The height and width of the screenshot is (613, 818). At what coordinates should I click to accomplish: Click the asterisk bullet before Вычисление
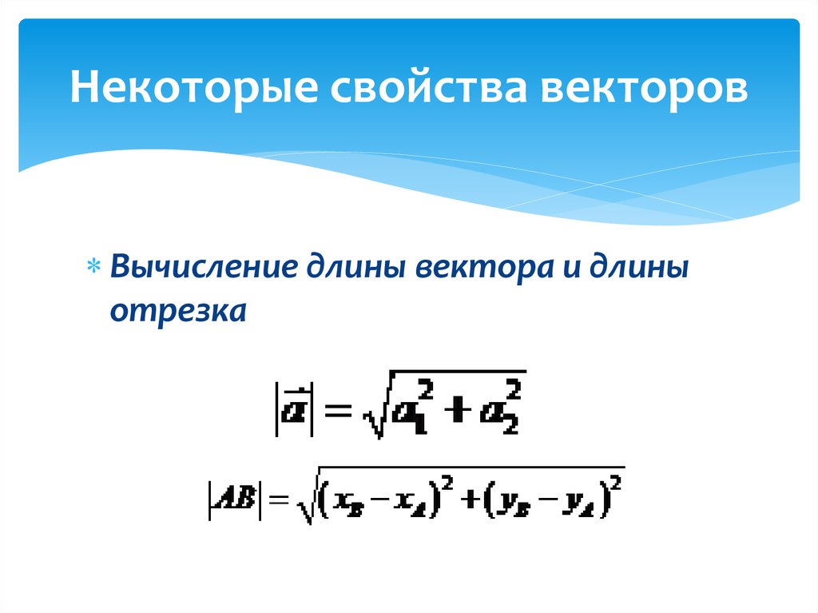pyautogui.click(x=94, y=267)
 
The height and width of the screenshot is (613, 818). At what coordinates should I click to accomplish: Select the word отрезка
pyautogui.click(x=177, y=311)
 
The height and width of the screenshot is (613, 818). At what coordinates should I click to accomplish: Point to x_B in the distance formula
pyautogui.click(x=347, y=504)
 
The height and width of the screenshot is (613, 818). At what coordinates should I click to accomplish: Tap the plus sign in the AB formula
pyautogui.click(x=469, y=502)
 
